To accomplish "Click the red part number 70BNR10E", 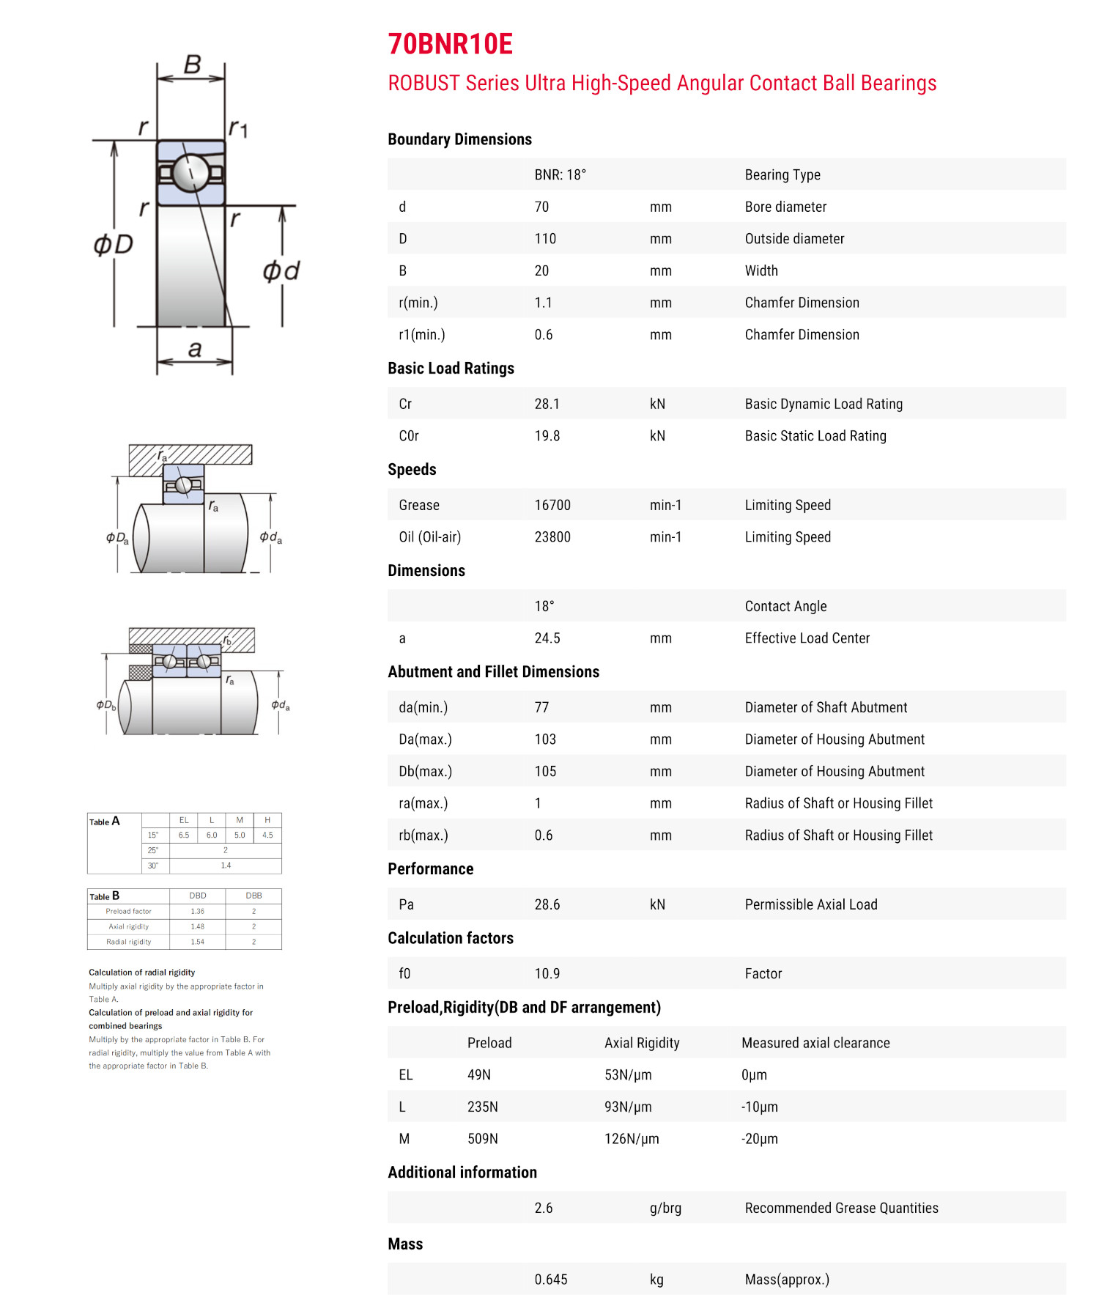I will [x=450, y=45].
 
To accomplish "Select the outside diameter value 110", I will [x=545, y=239].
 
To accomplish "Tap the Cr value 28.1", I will [x=547, y=404].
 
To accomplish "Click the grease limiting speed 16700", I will [x=552, y=505].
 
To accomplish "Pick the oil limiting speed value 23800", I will [x=552, y=537].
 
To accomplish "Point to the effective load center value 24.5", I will [x=547, y=638].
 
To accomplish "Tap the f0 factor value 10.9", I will [x=547, y=973].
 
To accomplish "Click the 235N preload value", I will [x=483, y=1107].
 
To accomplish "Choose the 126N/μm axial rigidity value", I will [x=632, y=1139].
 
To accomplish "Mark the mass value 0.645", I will [x=551, y=1280].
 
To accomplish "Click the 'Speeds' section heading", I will [x=412, y=470].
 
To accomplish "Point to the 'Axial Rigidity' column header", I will [x=642, y=1043].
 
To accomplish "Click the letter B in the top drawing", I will [x=192, y=65].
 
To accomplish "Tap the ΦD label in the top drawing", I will [x=114, y=244].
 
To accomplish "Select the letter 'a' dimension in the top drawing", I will [x=195, y=349].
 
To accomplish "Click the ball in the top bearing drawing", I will [x=191, y=173].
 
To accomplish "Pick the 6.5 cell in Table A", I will [x=184, y=835].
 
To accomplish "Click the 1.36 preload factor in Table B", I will [x=198, y=912].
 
